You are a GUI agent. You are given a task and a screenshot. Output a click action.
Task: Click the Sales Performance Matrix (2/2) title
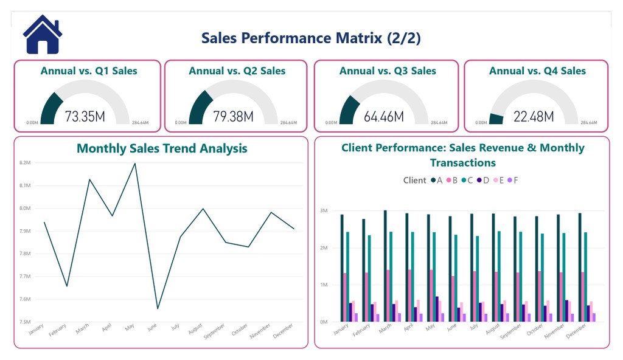(311, 38)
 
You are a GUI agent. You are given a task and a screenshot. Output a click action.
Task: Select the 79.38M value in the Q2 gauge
(233, 116)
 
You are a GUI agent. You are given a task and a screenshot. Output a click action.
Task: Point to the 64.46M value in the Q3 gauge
(383, 116)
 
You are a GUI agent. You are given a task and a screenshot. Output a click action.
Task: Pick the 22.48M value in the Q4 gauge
(533, 116)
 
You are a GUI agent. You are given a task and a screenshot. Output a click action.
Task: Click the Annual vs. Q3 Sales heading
(388, 71)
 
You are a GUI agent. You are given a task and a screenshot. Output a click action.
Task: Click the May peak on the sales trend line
(134, 163)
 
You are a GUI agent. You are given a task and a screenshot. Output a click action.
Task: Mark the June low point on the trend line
(158, 308)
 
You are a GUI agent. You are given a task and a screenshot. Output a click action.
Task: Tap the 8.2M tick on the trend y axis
(25, 163)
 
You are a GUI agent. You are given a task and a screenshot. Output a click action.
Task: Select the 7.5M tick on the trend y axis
(25, 322)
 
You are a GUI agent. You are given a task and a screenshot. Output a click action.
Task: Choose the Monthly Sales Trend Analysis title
(162, 148)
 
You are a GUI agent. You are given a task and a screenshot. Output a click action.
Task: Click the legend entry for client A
(436, 180)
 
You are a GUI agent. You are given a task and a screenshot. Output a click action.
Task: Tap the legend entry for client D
(482, 180)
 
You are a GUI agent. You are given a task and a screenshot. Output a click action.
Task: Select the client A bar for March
(385, 266)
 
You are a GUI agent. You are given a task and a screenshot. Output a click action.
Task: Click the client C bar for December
(585, 277)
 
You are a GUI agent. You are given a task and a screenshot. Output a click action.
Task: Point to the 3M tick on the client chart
(324, 211)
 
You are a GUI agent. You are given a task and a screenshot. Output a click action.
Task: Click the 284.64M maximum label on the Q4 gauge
(589, 123)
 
